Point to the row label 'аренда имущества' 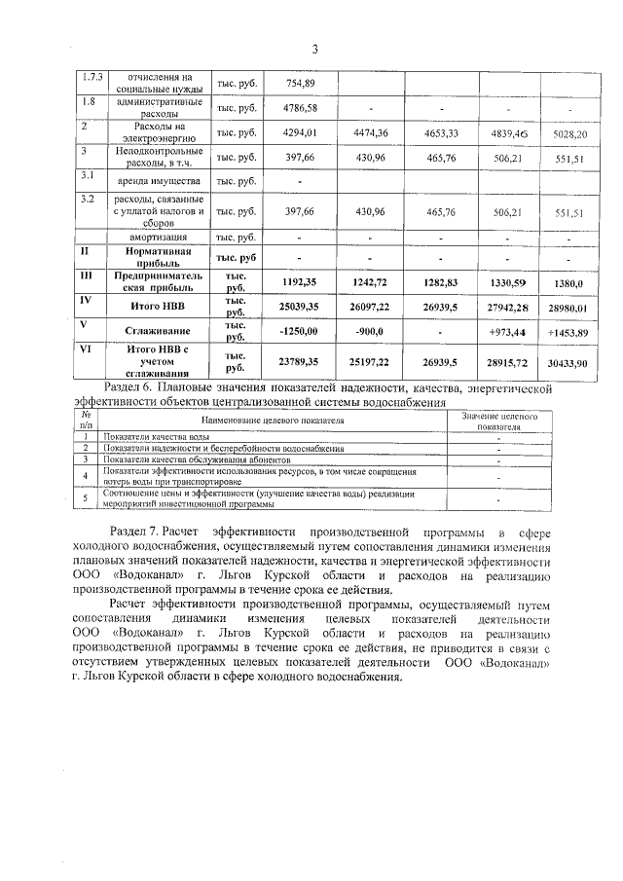(x=158, y=182)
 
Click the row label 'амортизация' (x=159, y=238)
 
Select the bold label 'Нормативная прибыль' (x=158, y=257)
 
